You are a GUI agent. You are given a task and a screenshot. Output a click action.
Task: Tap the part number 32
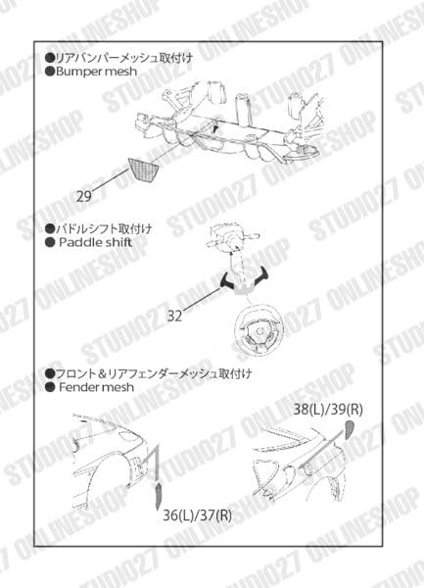[x=176, y=316]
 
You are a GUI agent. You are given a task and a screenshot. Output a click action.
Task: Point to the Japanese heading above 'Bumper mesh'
[x=123, y=58]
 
